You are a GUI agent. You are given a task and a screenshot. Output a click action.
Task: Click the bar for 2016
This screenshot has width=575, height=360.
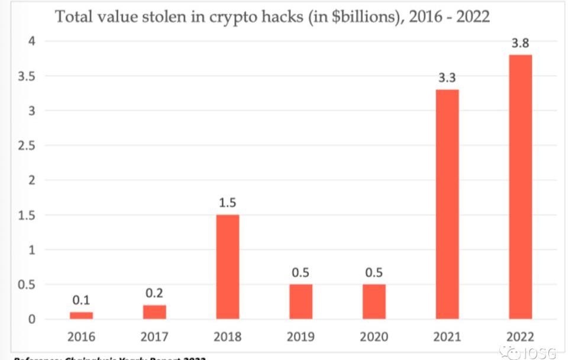pyautogui.click(x=81, y=315)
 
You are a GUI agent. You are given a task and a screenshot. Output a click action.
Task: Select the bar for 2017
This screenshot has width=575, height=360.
pyautogui.click(x=154, y=312)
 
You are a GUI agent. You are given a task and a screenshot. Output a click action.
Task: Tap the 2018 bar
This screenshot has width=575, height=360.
pyautogui.click(x=228, y=267)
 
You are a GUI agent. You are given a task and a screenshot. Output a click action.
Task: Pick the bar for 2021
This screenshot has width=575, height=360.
pyautogui.click(x=447, y=204)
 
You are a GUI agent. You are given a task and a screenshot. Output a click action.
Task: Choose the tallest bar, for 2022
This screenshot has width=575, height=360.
pyautogui.click(x=521, y=187)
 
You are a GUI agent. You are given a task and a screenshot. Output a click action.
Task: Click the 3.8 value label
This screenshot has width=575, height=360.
pyautogui.click(x=521, y=43)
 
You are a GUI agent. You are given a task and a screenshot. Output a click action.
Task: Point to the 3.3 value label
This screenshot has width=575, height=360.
pyautogui.click(x=447, y=78)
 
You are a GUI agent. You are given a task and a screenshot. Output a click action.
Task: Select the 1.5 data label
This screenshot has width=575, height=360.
pyautogui.click(x=228, y=203)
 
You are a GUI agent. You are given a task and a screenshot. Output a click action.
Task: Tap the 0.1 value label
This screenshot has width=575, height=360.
pyautogui.click(x=81, y=301)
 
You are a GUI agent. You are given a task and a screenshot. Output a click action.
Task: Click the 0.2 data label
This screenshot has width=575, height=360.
pyautogui.click(x=154, y=294)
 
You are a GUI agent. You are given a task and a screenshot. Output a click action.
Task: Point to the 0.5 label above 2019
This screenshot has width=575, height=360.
pyautogui.click(x=301, y=273)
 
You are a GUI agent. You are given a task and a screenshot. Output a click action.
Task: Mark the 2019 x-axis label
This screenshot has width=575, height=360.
pyautogui.click(x=301, y=338)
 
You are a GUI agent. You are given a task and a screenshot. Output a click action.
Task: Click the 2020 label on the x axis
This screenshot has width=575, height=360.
pyautogui.click(x=374, y=338)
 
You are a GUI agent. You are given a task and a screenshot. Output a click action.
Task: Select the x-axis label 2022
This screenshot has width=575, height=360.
pyautogui.click(x=521, y=338)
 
